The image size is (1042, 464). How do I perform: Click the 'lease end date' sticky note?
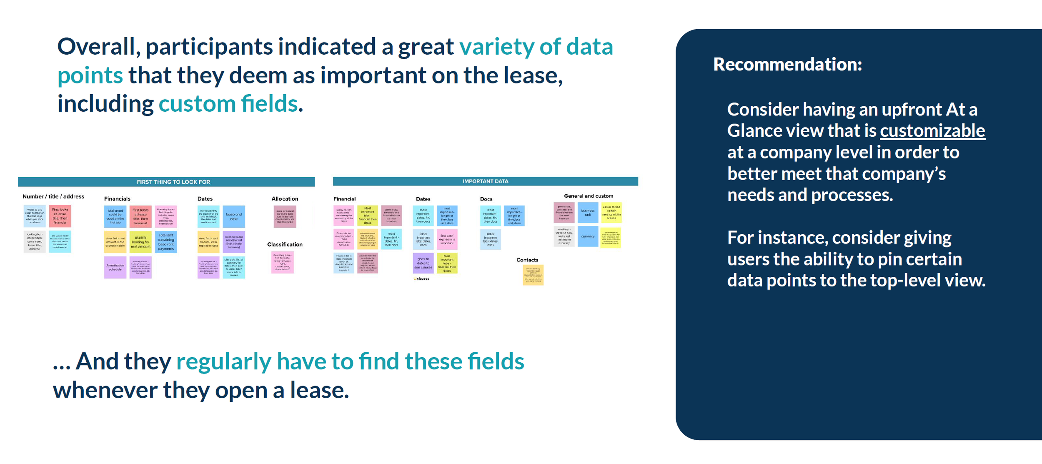[233, 216]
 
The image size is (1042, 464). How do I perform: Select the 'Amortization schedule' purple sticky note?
[115, 267]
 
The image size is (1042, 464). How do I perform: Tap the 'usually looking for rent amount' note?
[140, 242]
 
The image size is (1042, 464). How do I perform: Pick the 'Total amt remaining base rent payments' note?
[166, 242]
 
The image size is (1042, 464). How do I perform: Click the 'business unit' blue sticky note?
[588, 213]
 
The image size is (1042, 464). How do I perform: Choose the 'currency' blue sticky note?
[588, 236]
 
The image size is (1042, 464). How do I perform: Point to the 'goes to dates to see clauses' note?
[423, 263]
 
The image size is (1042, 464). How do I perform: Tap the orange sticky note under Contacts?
[533, 275]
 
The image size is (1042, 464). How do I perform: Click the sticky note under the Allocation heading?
[285, 216]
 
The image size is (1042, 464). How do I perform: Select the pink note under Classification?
[283, 262]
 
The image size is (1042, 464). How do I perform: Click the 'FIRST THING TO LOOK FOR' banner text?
[173, 182]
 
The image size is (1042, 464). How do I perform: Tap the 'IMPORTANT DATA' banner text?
[485, 181]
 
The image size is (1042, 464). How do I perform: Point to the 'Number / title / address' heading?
[53, 196]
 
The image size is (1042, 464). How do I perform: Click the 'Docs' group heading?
[486, 199]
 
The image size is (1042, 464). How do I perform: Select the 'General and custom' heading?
[588, 196]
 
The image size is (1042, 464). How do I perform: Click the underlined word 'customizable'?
[932, 131]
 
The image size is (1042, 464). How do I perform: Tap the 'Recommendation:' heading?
[787, 65]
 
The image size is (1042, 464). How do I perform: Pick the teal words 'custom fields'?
[228, 104]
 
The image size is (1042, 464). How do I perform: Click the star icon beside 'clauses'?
[415, 278]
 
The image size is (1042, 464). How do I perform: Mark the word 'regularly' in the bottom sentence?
[223, 361]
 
